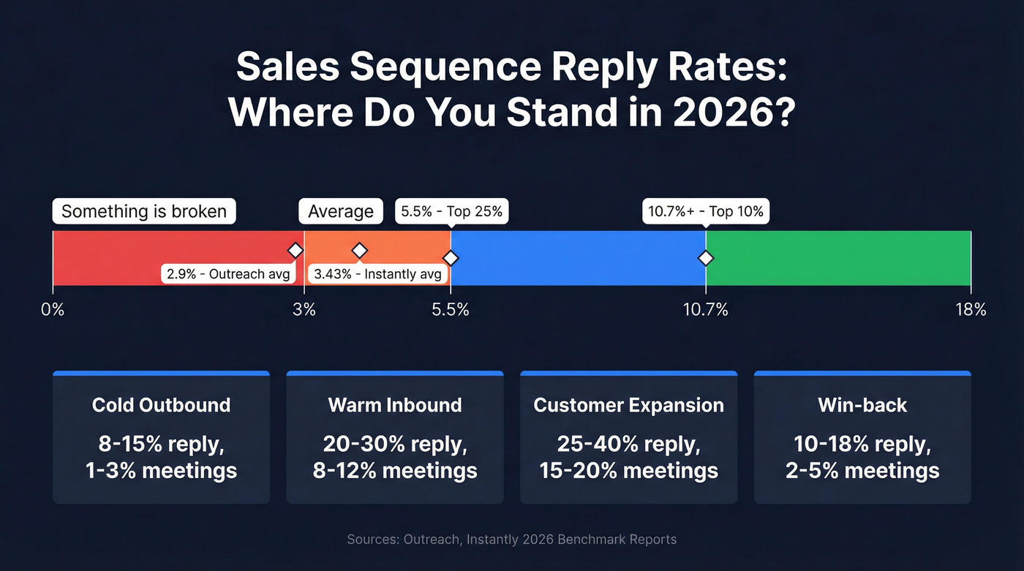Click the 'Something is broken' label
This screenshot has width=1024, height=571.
[144, 211]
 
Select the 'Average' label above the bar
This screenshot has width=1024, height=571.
[340, 211]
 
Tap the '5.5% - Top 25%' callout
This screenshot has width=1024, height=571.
[451, 211]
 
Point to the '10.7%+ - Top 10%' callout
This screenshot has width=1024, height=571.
[706, 211]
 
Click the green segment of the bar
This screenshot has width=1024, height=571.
[837, 257]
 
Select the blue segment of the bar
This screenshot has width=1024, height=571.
[578, 257]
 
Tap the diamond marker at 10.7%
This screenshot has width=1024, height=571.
[706, 258]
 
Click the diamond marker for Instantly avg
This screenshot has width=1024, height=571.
[359, 250]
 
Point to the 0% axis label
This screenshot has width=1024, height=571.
[53, 309]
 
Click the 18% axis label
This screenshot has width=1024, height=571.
[970, 309]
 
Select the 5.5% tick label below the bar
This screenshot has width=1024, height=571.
[451, 309]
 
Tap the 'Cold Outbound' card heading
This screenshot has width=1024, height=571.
[161, 405]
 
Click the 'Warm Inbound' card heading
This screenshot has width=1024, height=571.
[395, 405]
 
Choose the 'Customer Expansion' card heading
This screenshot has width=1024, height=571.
[628, 405]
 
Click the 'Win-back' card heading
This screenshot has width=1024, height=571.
[862, 405]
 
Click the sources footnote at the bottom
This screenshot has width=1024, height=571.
[512, 540]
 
